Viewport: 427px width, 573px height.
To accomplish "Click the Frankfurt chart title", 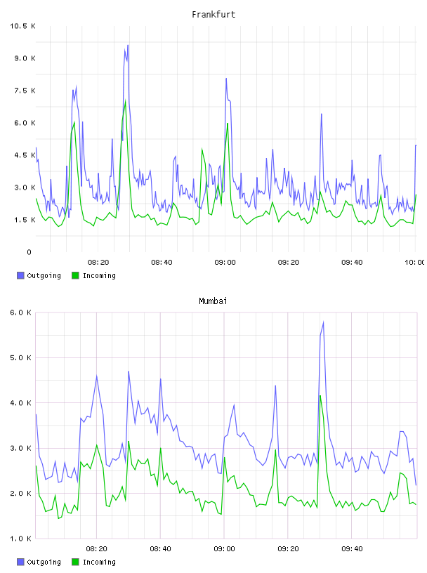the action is (x=213, y=15).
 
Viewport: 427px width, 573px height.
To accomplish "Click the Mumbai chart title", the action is (x=213, y=301).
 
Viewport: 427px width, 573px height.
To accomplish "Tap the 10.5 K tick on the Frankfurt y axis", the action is (x=22, y=26).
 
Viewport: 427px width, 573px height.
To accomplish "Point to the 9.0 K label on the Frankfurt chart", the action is (x=25, y=58).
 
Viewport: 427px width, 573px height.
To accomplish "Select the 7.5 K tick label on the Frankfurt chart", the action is (x=25, y=91).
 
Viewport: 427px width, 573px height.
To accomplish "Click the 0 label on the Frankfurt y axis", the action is (x=29, y=252).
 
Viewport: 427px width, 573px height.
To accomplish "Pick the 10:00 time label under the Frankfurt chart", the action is (x=414, y=263).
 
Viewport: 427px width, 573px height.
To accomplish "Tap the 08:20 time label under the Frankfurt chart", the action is (x=98, y=263).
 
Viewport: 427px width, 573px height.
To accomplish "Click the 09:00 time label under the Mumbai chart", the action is (x=225, y=549).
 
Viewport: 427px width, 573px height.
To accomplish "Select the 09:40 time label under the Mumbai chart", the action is (x=352, y=549).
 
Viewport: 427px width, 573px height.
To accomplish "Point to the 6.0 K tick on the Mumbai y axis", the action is (x=21, y=312).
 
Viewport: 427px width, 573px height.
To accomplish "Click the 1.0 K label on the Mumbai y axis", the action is (x=21, y=539).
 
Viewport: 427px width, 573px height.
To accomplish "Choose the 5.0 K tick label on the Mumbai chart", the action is (x=21, y=358).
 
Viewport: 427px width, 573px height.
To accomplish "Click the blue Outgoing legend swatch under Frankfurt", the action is (x=20, y=275).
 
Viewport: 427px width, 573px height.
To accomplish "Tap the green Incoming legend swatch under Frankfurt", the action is (x=75, y=275).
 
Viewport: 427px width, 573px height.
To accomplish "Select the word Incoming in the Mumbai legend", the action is (x=99, y=562).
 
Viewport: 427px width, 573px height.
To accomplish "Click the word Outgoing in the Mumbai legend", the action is (x=44, y=562).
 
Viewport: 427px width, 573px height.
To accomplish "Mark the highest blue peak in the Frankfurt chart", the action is (x=128, y=46).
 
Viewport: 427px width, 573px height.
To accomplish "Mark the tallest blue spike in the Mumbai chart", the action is (x=323, y=322).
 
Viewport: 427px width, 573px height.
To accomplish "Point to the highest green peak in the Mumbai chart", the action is (x=320, y=396).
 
